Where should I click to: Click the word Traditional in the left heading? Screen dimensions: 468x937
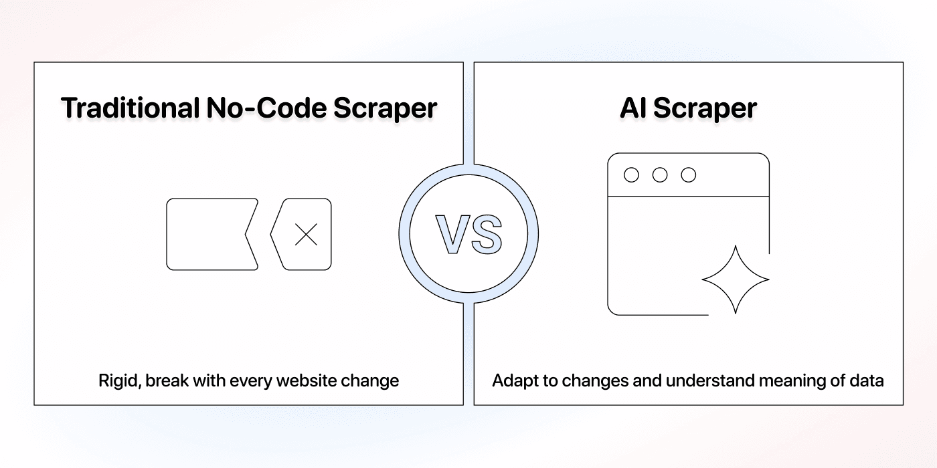coord(127,108)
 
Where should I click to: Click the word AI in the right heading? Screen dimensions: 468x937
coord(634,108)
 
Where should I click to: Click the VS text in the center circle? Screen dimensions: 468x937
coord(468,235)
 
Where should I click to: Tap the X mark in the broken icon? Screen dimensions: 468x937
coord(307,235)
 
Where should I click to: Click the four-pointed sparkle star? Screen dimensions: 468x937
coord(735,279)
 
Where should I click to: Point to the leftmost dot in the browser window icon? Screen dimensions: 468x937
coord(631,175)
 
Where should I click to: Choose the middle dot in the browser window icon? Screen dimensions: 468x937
coord(660,175)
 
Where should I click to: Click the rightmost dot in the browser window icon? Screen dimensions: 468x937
coord(689,175)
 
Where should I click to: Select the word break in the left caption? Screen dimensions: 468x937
coord(165,381)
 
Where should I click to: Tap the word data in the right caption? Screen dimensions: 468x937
coord(868,381)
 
